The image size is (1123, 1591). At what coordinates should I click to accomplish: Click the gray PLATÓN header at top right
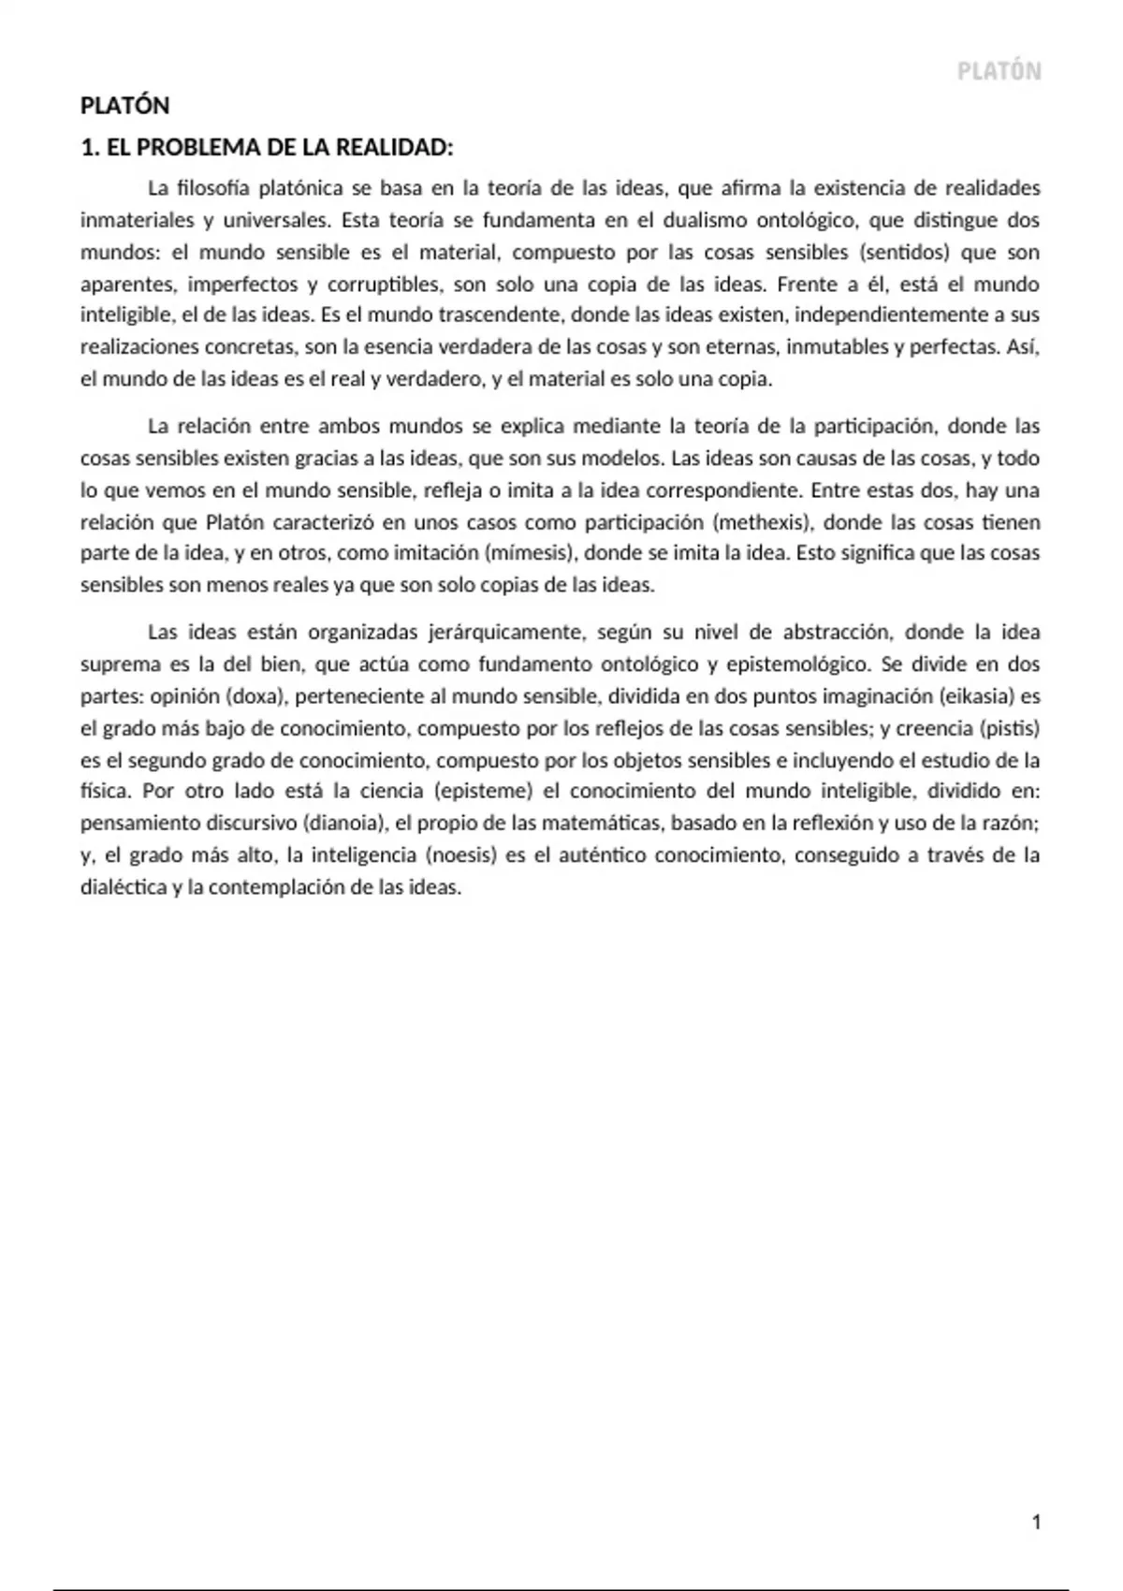999,72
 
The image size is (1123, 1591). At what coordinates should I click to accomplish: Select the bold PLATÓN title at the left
124,106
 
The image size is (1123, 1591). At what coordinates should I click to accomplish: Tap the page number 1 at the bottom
1036,1523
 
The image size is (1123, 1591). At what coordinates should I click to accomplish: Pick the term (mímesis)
529,553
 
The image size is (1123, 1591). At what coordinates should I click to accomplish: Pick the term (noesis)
464,855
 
